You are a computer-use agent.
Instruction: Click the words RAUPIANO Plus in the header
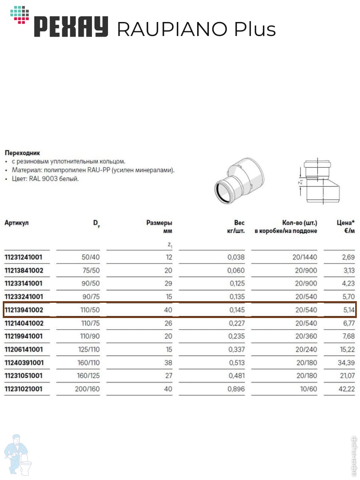click(x=196, y=29)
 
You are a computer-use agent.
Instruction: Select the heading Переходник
click(x=22, y=153)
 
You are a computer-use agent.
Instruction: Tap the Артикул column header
click(x=16, y=222)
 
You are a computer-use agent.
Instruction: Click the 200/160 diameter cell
click(x=87, y=389)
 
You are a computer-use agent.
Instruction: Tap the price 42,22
click(x=346, y=389)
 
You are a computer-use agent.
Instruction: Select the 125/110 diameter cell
click(x=88, y=350)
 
